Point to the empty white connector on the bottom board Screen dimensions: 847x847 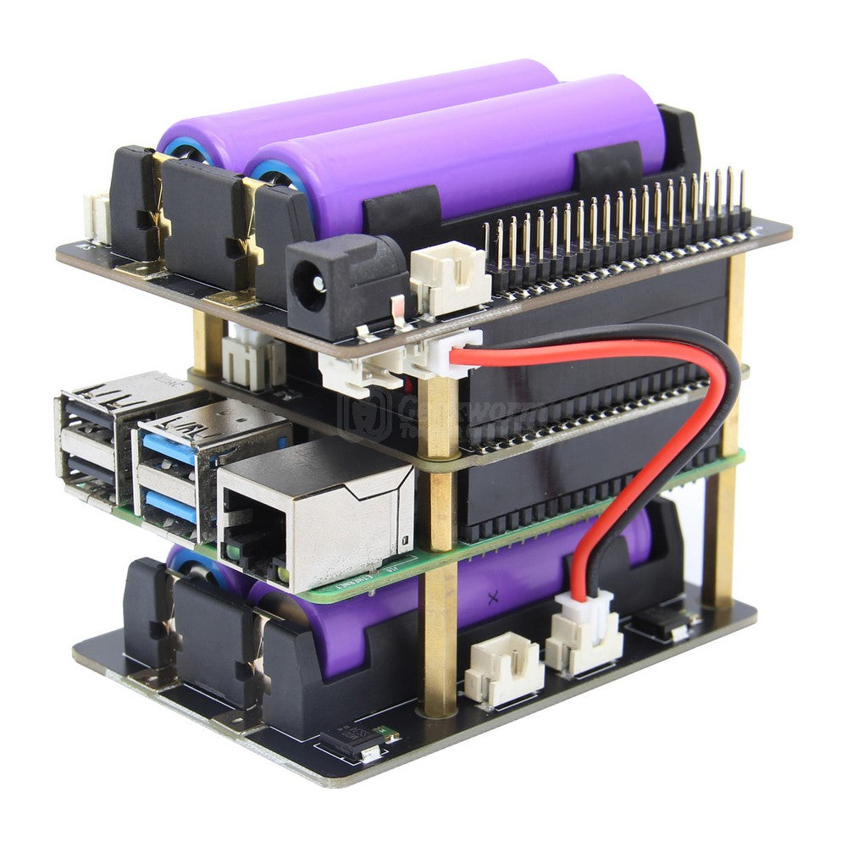tap(505, 668)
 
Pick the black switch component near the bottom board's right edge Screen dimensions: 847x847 tap(669, 623)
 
